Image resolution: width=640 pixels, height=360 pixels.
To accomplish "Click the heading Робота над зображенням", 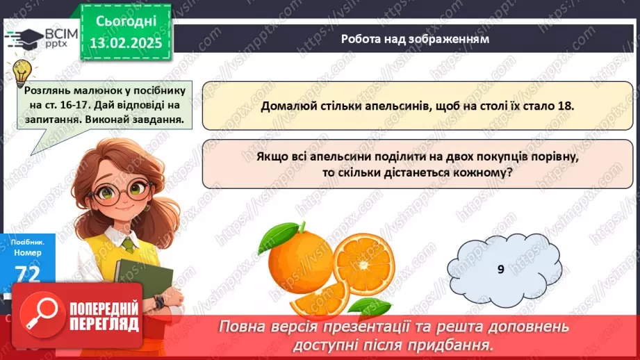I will [x=415, y=39].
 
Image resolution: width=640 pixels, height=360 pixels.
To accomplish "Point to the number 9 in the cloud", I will [x=500, y=269].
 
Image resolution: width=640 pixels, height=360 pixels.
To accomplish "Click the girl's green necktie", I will [x=128, y=243].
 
